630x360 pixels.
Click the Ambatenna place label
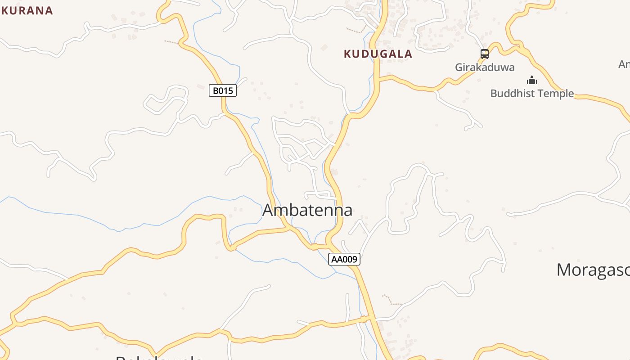(x=307, y=210)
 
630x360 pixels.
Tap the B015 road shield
(x=223, y=91)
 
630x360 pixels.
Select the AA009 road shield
(x=344, y=259)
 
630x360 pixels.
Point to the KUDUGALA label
(x=378, y=54)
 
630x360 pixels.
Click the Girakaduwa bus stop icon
(x=484, y=54)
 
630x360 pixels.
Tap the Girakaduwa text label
(x=485, y=67)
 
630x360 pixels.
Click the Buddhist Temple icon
(x=532, y=81)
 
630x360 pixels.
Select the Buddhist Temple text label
(x=532, y=94)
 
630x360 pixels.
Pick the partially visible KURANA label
(x=27, y=10)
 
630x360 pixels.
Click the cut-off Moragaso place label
(x=593, y=270)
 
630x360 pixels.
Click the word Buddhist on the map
(x=510, y=94)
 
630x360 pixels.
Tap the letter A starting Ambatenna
(x=268, y=210)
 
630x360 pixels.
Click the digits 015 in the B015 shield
(x=226, y=91)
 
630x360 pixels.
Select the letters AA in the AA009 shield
(x=337, y=259)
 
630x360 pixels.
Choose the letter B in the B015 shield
(x=216, y=91)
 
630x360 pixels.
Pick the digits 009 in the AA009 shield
(x=350, y=259)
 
